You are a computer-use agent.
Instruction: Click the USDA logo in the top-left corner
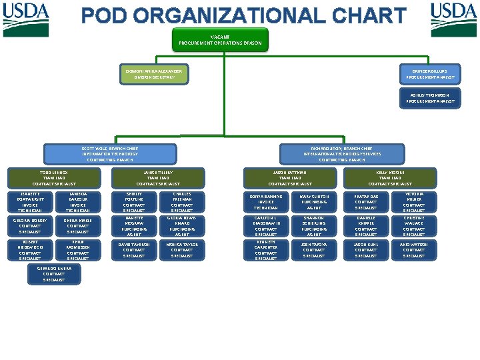[x=26, y=12]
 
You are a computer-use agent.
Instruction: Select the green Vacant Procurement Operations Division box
[x=220, y=39]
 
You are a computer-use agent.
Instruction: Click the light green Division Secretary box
[x=154, y=73]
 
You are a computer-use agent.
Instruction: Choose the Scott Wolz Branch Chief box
[x=110, y=154]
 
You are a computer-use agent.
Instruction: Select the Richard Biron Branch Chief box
[x=341, y=154]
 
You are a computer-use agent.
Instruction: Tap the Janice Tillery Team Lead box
[x=157, y=178]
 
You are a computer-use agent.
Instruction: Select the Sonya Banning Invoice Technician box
[x=266, y=202]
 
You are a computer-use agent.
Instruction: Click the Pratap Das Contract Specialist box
[x=365, y=201]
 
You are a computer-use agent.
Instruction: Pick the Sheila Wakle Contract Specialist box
[x=78, y=225]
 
